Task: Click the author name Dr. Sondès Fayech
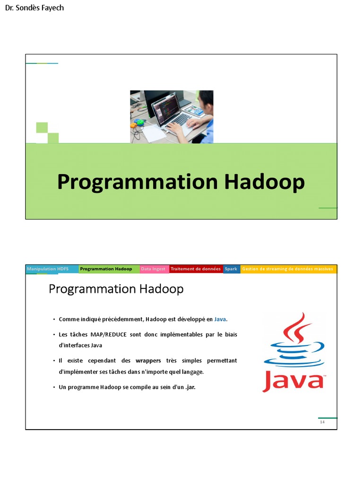(34, 8)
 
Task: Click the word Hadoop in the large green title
(264, 182)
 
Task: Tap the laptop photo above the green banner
(172, 117)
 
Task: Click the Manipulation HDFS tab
(48, 269)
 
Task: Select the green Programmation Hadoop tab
(106, 269)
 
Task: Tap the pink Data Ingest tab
(153, 269)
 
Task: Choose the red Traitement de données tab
(195, 269)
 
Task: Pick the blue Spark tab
(231, 269)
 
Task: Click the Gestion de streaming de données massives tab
(287, 269)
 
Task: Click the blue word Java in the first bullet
(220, 320)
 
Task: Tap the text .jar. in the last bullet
(188, 387)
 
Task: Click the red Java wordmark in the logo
(293, 380)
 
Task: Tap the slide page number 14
(322, 422)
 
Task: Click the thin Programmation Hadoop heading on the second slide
(116, 289)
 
